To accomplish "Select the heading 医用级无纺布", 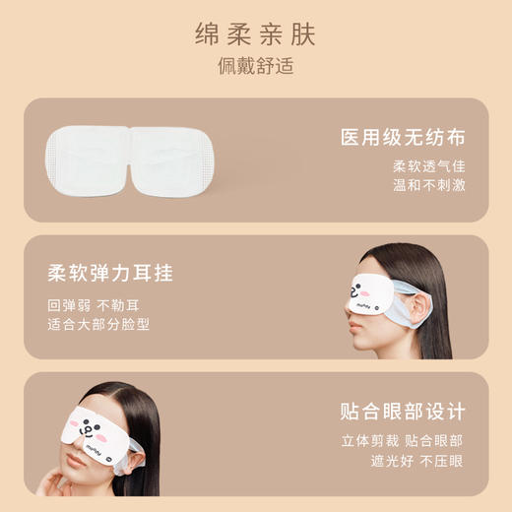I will point(402,137).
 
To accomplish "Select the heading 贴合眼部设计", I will point(402,412).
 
